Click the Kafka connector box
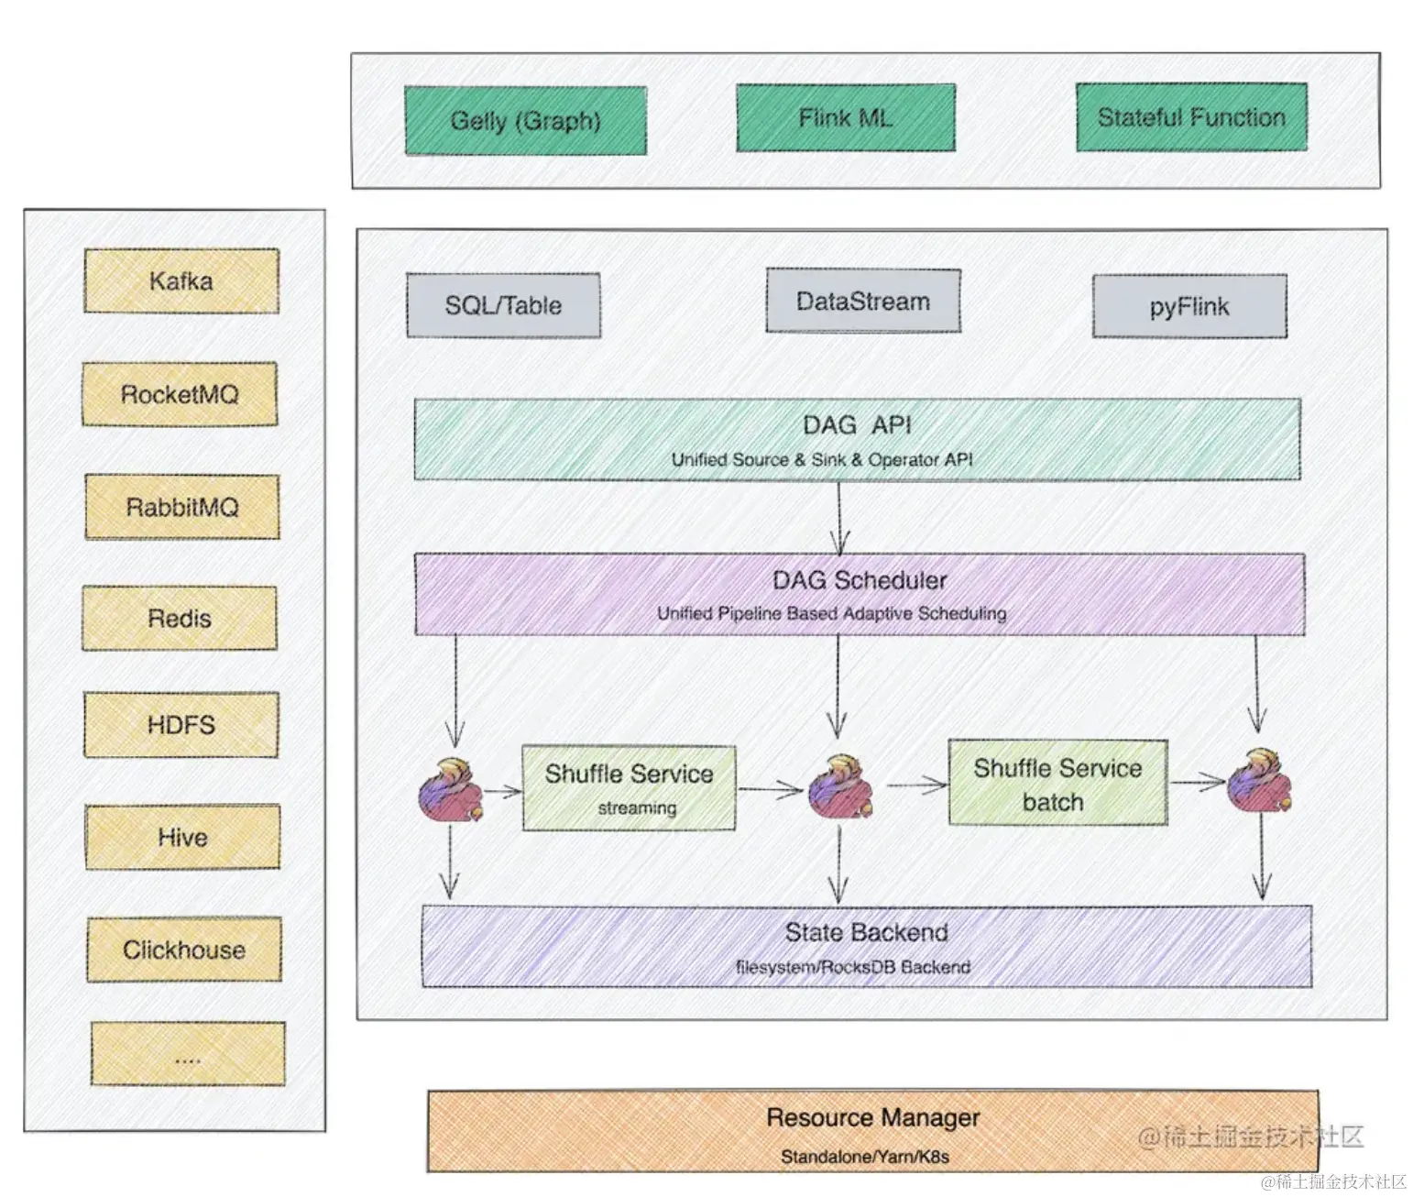181,281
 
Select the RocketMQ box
180,394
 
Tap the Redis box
180,619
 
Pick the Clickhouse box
184,950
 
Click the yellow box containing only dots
188,1055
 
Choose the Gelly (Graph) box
526,121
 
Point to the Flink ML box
846,118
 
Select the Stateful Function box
1191,117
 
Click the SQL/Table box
504,305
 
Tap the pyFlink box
1189,306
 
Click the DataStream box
863,302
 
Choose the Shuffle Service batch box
1057,783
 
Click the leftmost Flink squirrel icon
450,789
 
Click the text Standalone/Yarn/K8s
864,1157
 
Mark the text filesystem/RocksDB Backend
853,967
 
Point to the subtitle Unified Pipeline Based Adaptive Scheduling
831,613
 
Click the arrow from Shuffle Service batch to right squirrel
1198,782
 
